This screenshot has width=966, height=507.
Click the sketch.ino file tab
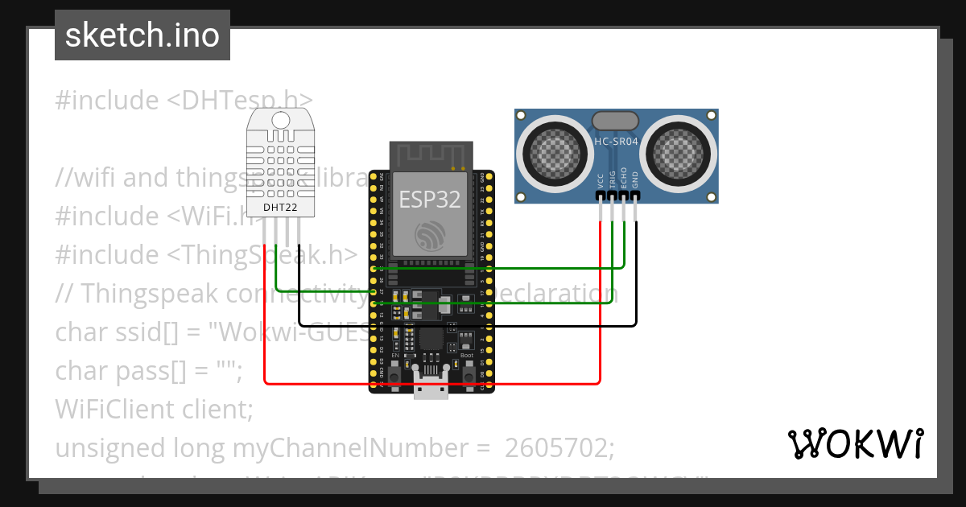[142, 35]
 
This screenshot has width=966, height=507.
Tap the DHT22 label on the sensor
[280, 208]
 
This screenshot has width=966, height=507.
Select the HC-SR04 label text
[616, 142]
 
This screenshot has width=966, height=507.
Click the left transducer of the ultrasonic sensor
[552, 149]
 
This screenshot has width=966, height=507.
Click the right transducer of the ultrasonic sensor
[680, 149]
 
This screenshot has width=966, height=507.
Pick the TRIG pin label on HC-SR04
[613, 179]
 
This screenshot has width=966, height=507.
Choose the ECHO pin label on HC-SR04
[624, 179]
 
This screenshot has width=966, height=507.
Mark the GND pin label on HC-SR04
[635, 180]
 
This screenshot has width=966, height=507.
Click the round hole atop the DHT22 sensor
[280, 120]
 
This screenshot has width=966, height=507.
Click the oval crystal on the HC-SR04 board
[616, 121]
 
